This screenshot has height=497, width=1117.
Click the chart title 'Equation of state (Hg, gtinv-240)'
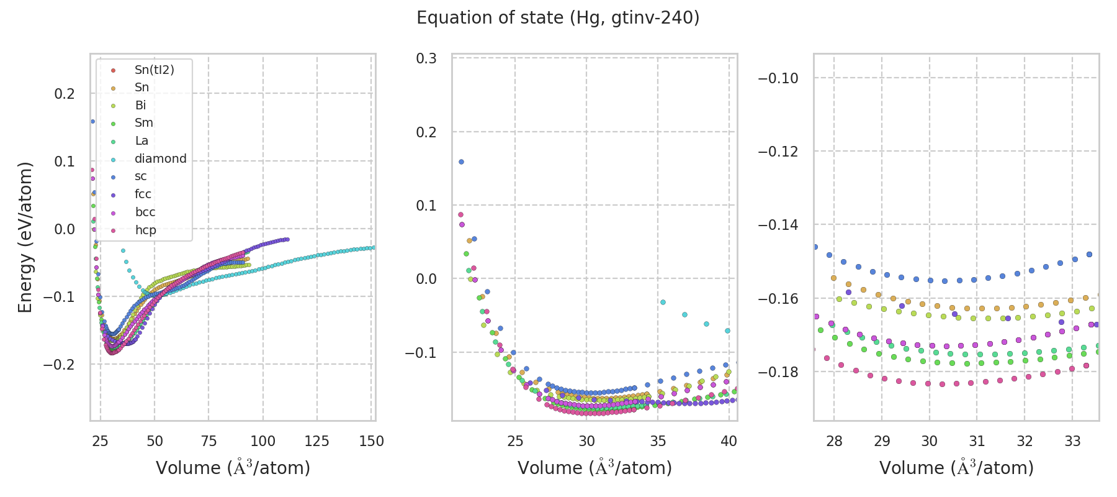coord(558,18)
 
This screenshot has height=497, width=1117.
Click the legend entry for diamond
coord(160,159)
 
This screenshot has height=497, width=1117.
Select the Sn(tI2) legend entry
coord(154,70)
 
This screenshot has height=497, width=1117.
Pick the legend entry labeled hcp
coord(145,230)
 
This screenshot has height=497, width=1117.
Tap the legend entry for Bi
coord(140,106)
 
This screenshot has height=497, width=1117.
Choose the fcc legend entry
coord(143,194)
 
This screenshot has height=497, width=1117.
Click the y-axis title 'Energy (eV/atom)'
coord(25,237)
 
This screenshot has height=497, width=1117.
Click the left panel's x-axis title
coord(233,468)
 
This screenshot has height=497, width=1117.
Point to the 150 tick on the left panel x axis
coord(372,442)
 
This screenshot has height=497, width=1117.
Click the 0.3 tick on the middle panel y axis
coord(426,58)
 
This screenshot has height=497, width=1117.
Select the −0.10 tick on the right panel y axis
coord(778,78)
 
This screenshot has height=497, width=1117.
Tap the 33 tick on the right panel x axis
coord(1072,442)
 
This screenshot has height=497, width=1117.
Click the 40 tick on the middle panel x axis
coord(729,442)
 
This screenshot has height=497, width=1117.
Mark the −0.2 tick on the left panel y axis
coord(59,365)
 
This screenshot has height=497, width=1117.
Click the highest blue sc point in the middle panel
coord(461,162)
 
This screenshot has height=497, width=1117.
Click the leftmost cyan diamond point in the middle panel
coord(663,303)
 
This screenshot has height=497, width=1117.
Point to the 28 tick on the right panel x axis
coord(834,442)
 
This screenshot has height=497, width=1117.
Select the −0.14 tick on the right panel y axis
coord(778,225)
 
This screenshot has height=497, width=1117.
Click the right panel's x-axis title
coord(956,468)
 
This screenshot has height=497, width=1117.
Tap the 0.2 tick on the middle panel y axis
coord(426,132)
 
